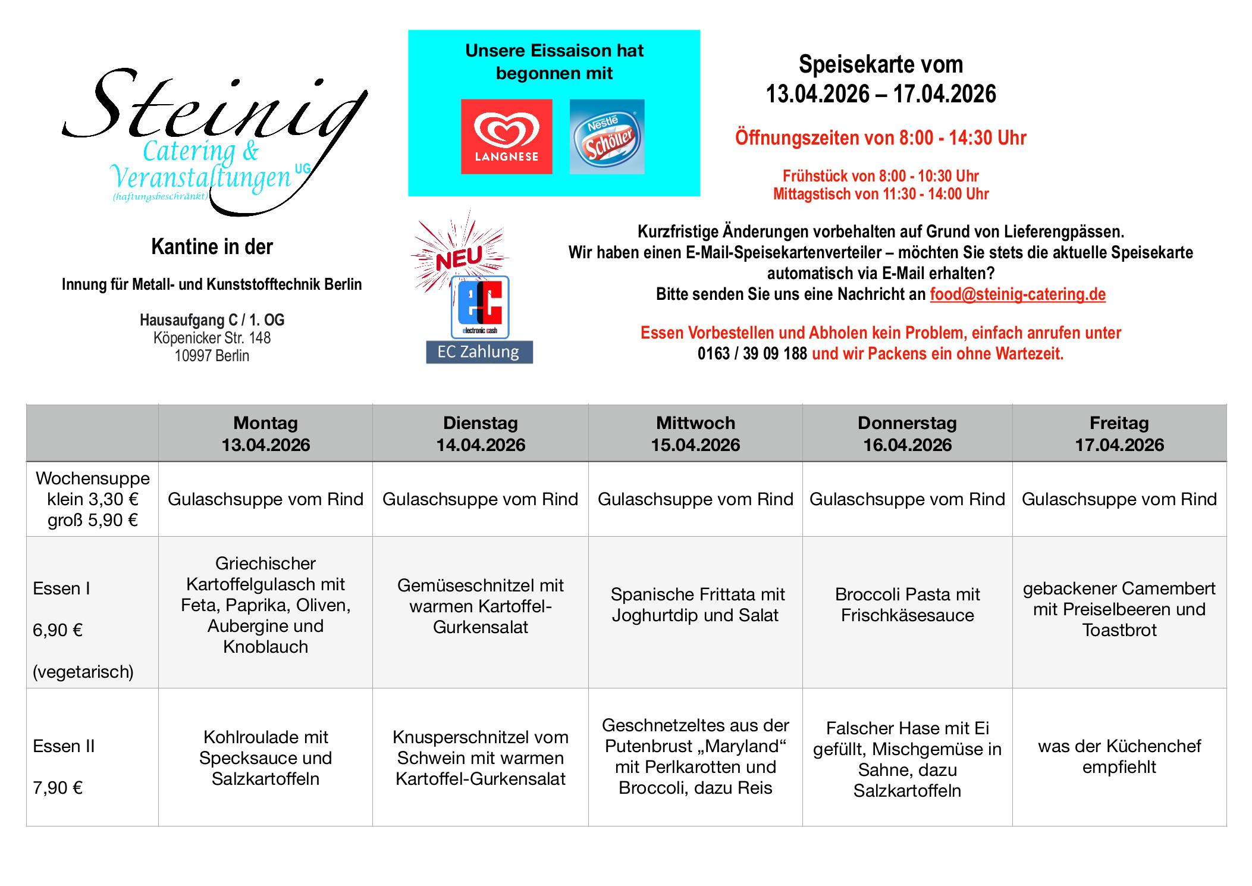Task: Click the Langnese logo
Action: click(506, 136)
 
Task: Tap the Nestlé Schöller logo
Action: click(607, 136)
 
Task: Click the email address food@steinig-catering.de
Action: click(1017, 294)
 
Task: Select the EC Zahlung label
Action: click(479, 352)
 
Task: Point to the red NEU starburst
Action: click(459, 256)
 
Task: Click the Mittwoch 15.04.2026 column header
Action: click(695, 434)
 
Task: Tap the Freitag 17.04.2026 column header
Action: click(1119, 434)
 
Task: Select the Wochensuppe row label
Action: click(93, 478)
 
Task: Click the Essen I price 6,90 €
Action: click(58, 630)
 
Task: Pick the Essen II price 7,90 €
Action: click(58, 788)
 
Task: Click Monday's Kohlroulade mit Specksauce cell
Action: click(265, 757)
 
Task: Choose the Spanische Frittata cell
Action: click(695, 605)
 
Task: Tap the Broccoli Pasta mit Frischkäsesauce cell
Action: click(907, 605)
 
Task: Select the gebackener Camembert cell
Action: click(1119, 609)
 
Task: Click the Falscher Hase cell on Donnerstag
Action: click(907, 759)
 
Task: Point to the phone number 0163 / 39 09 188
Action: click(752, 353)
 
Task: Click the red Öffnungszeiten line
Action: click(880, 138)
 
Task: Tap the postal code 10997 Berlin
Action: click(212, 356)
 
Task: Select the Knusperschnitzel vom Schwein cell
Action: click(480, 757)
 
